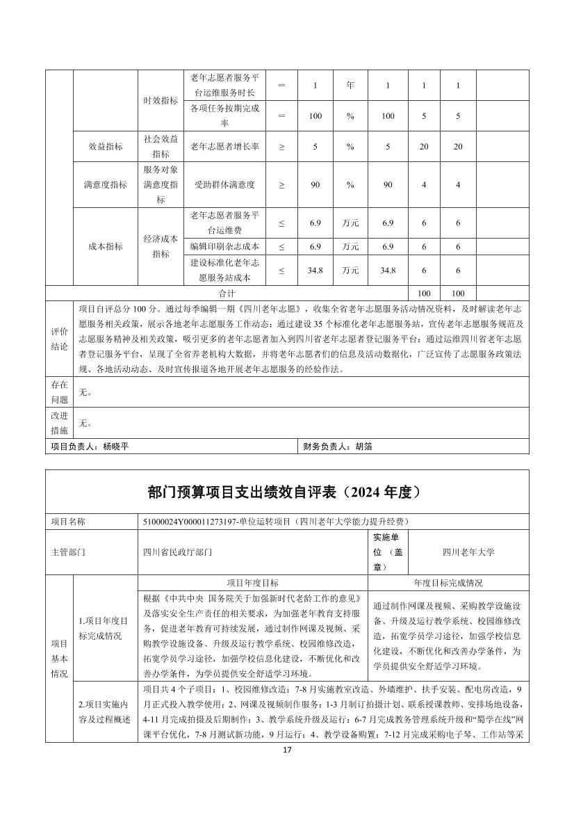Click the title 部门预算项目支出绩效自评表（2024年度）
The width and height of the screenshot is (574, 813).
pyautogui.click(x=286, y=492)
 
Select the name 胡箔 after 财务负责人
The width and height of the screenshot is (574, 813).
pyautogui.click(x=363, y=446)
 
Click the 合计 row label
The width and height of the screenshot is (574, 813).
pyautogui.click(x=227, y=293)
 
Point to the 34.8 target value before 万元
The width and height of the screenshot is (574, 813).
pyautogui.click(x=313, y=270)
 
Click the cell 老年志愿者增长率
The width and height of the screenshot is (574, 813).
pyautogui.click(x=224, y=147)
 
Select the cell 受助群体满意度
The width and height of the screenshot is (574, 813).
pyautogui.click(x=224, y=185)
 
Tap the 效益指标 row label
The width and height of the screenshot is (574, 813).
pyautogui.click(x=106, y=147)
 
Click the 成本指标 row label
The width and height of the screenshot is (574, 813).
pyautogui.click(x=106, y=246)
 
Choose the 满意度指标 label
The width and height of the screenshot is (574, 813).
pyautogui.click(x=106, y=185)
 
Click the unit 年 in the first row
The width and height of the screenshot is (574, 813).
pyautogui.click(x=350, y=86)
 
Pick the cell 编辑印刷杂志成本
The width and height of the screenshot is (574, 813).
pyautogui.click(x=224, y=246)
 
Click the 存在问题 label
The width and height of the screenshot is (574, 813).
pyautogui.click(x=59, y=392)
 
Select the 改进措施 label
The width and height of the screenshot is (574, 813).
pyautogui.click(x=59, y=422)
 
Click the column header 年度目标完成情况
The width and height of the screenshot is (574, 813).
pyautogui.click(x=448, y=583)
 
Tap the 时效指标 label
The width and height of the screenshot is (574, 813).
pyautogui.click(x=161, y=100)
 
